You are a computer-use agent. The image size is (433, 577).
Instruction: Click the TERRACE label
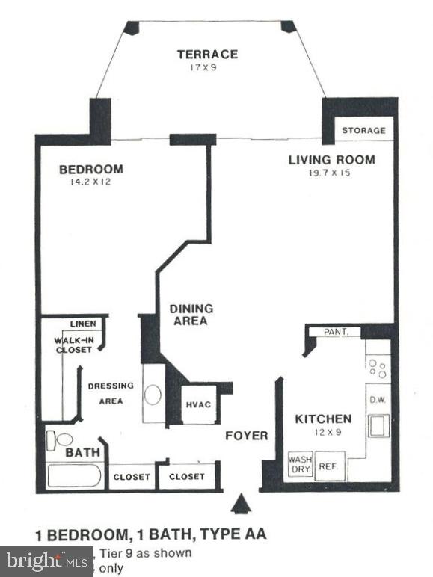(x=207, y=54)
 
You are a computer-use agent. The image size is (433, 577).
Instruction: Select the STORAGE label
(x=363, y=130)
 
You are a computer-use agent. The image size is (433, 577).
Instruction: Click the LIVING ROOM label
(x=332, y=159)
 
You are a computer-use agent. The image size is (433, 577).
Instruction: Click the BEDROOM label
(x=90, y=169)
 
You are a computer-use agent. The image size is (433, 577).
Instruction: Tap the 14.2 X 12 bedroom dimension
(x=90, y=182)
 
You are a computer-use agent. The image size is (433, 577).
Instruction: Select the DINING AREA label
(x=191, y=315)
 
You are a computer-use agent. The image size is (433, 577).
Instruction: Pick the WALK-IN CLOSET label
(x=72, y=345)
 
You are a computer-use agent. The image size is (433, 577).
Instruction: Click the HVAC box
(x=198, y=404)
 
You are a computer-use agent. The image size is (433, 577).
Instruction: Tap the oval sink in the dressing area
(x=153, y=394)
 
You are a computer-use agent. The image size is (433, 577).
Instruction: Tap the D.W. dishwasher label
(x=377, y=400)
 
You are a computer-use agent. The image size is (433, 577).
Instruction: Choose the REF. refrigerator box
(x=327, y=466)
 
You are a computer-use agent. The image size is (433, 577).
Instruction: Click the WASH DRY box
(x=299, y=465)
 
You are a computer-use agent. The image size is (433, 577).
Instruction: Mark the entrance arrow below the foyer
(x=242, y=506)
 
